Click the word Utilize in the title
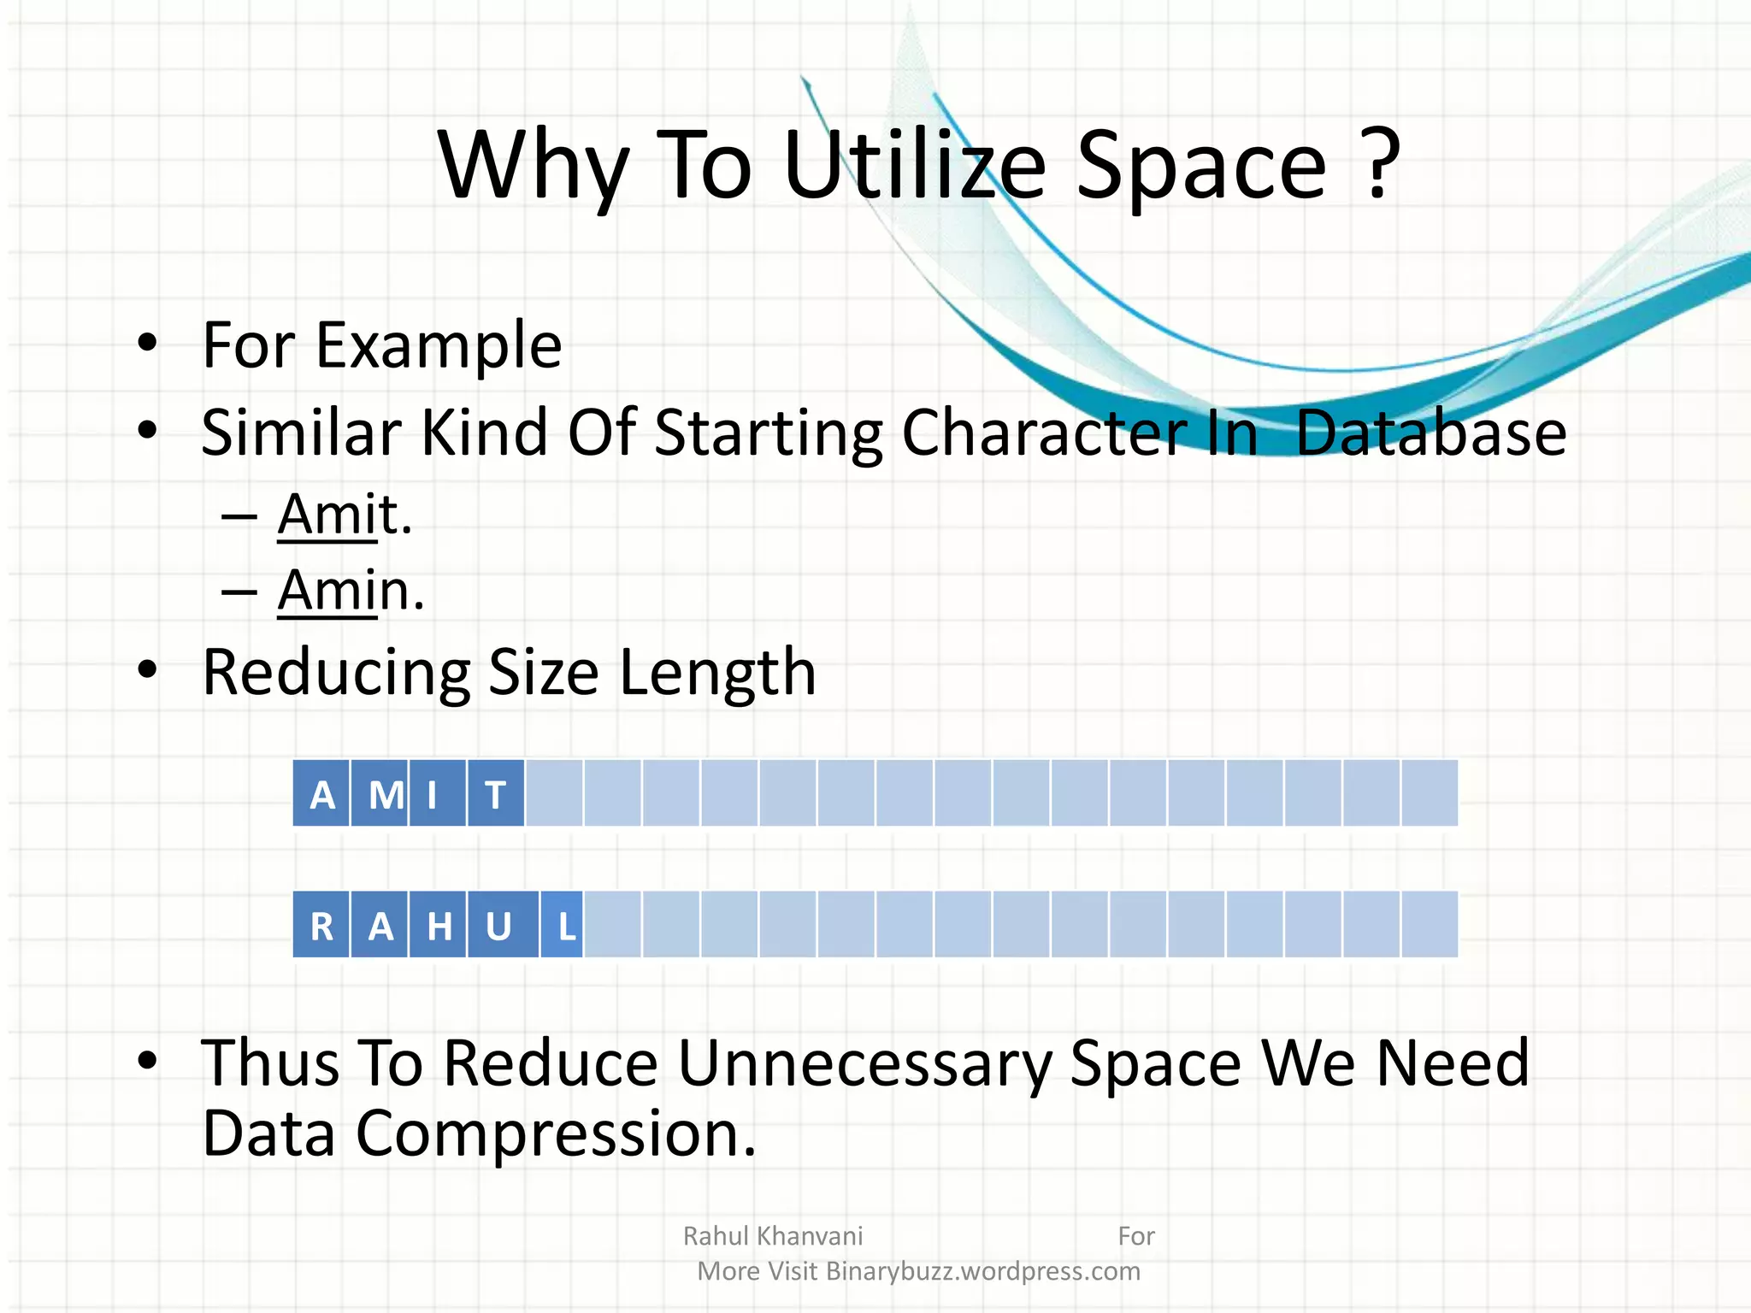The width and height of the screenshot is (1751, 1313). click(x=913, y=164)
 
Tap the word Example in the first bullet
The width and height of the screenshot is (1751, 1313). click(x=439, y=346)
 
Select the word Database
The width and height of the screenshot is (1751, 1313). click(x=1430, y=433)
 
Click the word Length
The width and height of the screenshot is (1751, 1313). click(x=717, y=673)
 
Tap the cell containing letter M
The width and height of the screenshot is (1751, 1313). click(x=380, y=794)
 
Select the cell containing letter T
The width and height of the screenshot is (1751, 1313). click(x=496, y=794)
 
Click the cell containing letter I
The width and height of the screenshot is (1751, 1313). click(x=438, y=794)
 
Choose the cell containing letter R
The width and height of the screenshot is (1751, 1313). click(x=321, y=926)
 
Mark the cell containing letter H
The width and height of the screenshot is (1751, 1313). click(x=439, y=926)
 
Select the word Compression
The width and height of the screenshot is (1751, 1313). click(x=556, y=1134)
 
